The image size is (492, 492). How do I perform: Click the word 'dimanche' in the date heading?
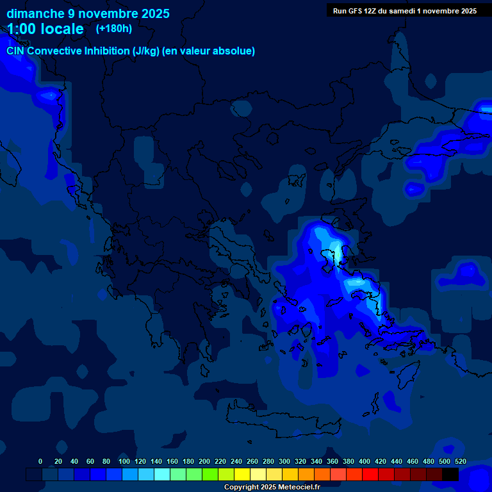point(31,13)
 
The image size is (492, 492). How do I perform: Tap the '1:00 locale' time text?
point(45,29)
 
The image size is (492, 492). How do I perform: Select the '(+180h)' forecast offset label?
point(114,28)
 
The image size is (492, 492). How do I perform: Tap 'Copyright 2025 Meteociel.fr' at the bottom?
point(272,487)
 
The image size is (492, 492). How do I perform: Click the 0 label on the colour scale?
point(40,461)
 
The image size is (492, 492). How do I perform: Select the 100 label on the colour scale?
point(124,461)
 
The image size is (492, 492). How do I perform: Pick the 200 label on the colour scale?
point(204,461)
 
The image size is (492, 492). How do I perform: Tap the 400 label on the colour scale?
point(365,461)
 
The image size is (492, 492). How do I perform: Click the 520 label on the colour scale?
point(461,461)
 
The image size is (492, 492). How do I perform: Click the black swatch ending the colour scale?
point(450,474)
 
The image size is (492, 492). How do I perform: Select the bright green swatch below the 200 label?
point(210,474)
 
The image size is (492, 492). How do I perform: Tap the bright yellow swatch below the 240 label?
point(242,474)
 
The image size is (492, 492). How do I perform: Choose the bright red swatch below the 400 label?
point(370,474)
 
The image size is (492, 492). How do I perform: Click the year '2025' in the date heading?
point(156,13)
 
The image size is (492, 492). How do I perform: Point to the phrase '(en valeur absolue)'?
point(209,51)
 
